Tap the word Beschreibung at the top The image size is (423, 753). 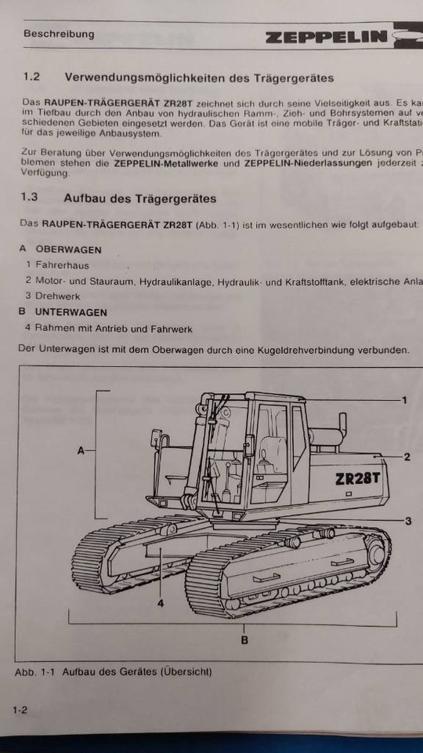59,34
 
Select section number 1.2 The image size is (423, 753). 31,78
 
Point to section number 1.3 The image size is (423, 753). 31,198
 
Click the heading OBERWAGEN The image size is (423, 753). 68,249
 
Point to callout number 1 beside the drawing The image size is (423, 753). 404,400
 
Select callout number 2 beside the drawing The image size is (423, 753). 407,457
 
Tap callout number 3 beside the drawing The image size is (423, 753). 407,521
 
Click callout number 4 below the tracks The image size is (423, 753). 160,603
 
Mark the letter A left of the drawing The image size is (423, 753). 81,450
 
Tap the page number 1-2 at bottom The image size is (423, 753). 20,711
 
